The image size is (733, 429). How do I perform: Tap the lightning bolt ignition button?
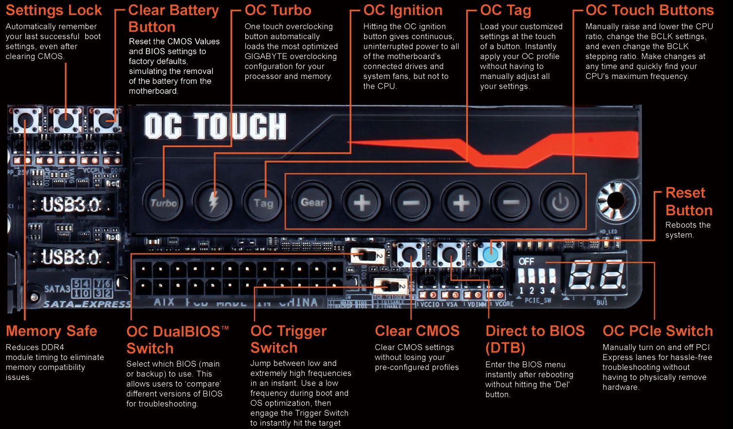click(213, 203)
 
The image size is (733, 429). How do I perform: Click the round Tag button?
click(263, 203)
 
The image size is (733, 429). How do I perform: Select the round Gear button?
click(312, 203)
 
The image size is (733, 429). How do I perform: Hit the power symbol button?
click(560, 203)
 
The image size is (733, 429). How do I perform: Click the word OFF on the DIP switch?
click(526, 261)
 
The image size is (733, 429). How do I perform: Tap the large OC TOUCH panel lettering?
click(215, 127)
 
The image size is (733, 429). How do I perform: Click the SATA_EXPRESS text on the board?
click(87, 304)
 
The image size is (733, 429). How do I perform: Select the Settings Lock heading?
click(54, 10)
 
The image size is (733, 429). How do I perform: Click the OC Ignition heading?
click(403, 10)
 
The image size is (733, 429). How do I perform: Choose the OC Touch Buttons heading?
click(649, 10)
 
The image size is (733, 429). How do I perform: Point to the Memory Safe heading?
click(52, 331)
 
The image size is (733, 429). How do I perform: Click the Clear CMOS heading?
click(417, 331)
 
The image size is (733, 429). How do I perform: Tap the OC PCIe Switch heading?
click(658, 331)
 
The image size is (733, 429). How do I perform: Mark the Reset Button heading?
click(689, 202)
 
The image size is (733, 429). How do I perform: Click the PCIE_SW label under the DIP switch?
click(538, 300)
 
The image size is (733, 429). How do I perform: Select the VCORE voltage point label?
click(504, 304)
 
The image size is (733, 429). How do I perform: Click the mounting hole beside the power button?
click(615, 200)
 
